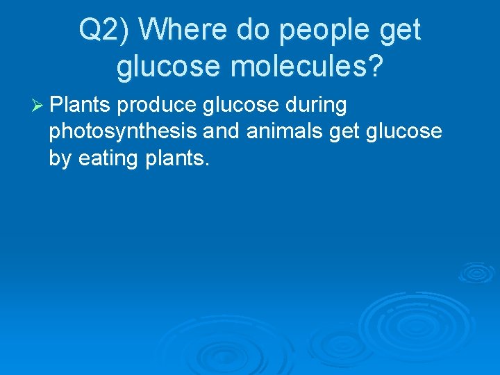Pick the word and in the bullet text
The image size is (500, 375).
pos(221,132)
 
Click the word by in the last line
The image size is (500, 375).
pos(60,158)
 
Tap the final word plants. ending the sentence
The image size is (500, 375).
pos(177,158)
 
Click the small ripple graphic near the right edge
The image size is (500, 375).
pos(476,272)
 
